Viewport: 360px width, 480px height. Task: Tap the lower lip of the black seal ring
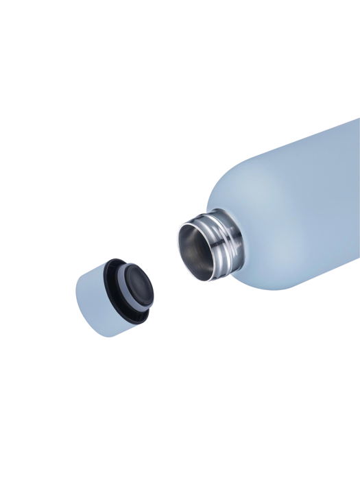(137, 319)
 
